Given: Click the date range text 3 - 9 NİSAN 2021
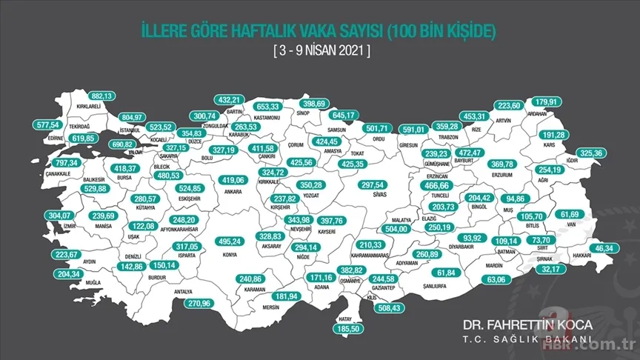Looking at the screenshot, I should (x=320, y=51).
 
